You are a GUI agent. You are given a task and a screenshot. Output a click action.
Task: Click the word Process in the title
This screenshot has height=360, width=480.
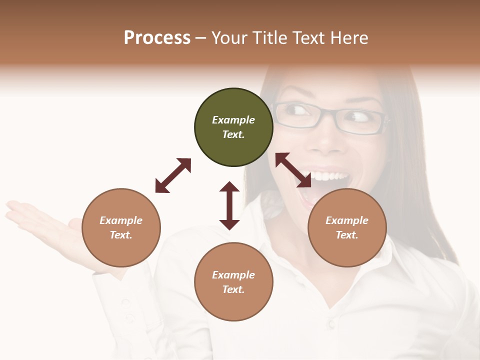(x=157, y=38)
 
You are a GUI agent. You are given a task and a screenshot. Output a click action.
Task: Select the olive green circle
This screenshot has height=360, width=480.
(x=233, y=127)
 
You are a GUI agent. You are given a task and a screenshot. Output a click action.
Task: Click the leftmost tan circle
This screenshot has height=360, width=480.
(x=121, y=228)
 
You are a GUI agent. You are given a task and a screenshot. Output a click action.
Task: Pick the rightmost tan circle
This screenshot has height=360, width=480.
(x=347, y=228)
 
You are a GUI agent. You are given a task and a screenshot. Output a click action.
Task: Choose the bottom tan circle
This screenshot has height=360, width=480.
(x=233, y=282)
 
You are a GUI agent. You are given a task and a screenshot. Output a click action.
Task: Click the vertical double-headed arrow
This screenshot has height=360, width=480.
(x=229, y=205)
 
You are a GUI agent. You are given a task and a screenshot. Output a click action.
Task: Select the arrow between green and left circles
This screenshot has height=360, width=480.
(x=173, y=175)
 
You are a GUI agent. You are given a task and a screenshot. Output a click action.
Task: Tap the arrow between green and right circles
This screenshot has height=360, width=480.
(x=293, y=170)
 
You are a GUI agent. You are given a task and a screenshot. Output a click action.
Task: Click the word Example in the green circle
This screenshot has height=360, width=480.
(x=233, y=120)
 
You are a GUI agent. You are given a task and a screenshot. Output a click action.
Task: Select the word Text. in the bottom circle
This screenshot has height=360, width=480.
(x=233, y=289)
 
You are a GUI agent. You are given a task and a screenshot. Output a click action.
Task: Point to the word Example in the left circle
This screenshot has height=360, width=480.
(x=121, y=220)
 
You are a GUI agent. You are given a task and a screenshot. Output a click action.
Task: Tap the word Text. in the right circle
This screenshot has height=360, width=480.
(x=347, y=235)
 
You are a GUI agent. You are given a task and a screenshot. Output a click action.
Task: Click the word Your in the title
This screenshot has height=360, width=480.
(x=228, y=38)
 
